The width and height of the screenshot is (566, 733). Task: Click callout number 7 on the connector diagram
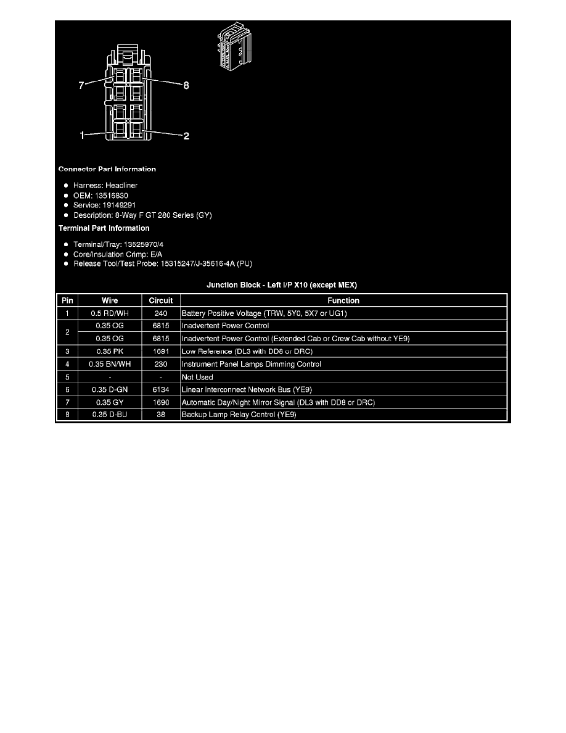[x=81, y=85]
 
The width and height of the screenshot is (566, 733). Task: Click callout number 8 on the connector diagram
[x=186, y=85]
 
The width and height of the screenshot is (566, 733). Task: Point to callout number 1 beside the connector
[x=82, y=136]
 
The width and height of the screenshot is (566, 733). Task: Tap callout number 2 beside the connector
[x=186, y=136]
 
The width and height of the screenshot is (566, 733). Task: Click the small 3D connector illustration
[x=234, y=46]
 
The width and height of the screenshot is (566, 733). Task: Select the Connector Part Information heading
[x=107, y=169]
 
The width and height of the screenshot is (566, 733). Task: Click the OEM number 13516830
[x=111, y=196]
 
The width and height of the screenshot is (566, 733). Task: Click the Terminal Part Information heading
[x=104, y=228]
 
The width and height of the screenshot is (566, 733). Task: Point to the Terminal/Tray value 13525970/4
[x=144, y=244]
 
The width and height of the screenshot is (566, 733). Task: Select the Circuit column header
[x=161, y=300]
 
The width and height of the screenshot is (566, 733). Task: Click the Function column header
[x=343, y=300]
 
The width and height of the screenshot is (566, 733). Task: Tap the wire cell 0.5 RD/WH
[x=110, y=313]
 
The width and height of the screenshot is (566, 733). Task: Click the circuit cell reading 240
[x=161, y=313]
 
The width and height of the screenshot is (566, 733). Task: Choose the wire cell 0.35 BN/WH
[x=110, y=364]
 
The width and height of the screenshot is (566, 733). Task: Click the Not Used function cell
[x=197, y=377]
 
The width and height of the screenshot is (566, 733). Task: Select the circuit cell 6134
[x=161, y=389]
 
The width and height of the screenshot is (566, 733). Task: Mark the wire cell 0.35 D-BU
[x=110, y=414]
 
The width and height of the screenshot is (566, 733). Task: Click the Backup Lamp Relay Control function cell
[x=239, y=414]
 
